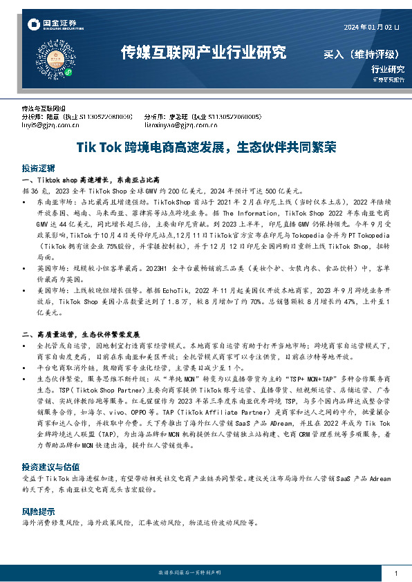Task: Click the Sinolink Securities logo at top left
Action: tap(53, 25)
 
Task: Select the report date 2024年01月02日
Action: tap(371, 27)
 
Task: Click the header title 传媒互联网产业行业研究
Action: tap(203, 52)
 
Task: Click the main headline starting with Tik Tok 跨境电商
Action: tap(206, 147)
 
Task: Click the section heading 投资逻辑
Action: tap(38, 168)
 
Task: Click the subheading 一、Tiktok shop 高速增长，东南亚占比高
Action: tap(86, 180)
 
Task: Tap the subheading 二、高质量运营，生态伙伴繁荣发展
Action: tap(81, 335)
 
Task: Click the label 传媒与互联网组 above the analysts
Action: tap(44, 109)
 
